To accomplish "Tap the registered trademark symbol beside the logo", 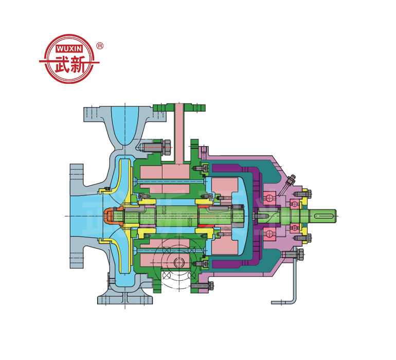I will point(100,46).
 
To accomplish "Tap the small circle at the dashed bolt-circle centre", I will point(178,262).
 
